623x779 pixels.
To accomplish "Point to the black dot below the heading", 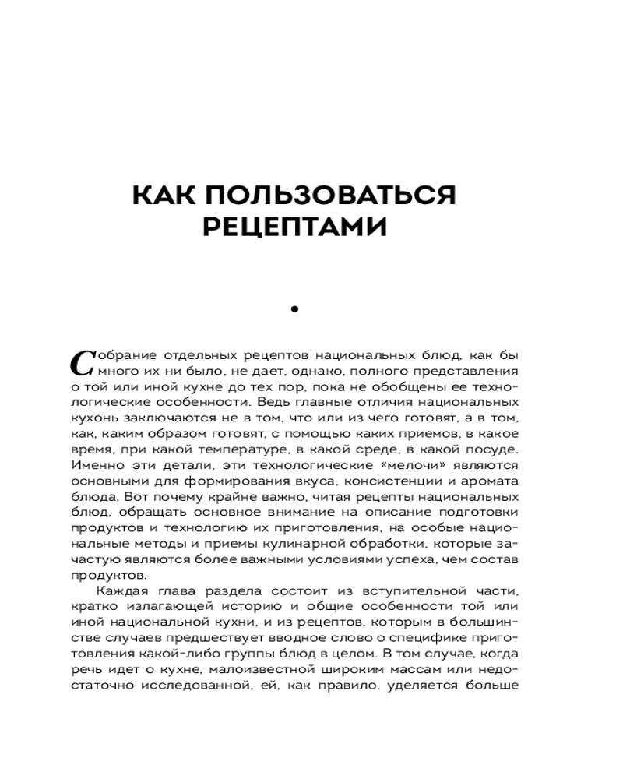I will tap(294, 310).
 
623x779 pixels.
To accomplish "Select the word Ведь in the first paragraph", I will tap(285, 404).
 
